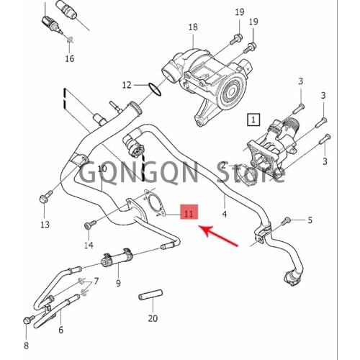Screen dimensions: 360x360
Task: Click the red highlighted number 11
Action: (188, 214)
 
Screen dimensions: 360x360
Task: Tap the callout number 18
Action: (192, 28)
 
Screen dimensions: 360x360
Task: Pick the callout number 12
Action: (127, 85)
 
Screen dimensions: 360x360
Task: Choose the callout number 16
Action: (69, 58)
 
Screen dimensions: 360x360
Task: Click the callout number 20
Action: (152, 318)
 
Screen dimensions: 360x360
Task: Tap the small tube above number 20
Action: (152, 296)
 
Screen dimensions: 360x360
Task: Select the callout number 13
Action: (45, 225)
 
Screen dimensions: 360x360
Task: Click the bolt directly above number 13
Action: (45, 196)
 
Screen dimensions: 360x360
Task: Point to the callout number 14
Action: (89, 246)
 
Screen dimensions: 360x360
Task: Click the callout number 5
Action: (310, 220)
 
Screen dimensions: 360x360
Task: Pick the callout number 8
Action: (27, 345)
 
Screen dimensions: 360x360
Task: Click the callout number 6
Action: (60, 330)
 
